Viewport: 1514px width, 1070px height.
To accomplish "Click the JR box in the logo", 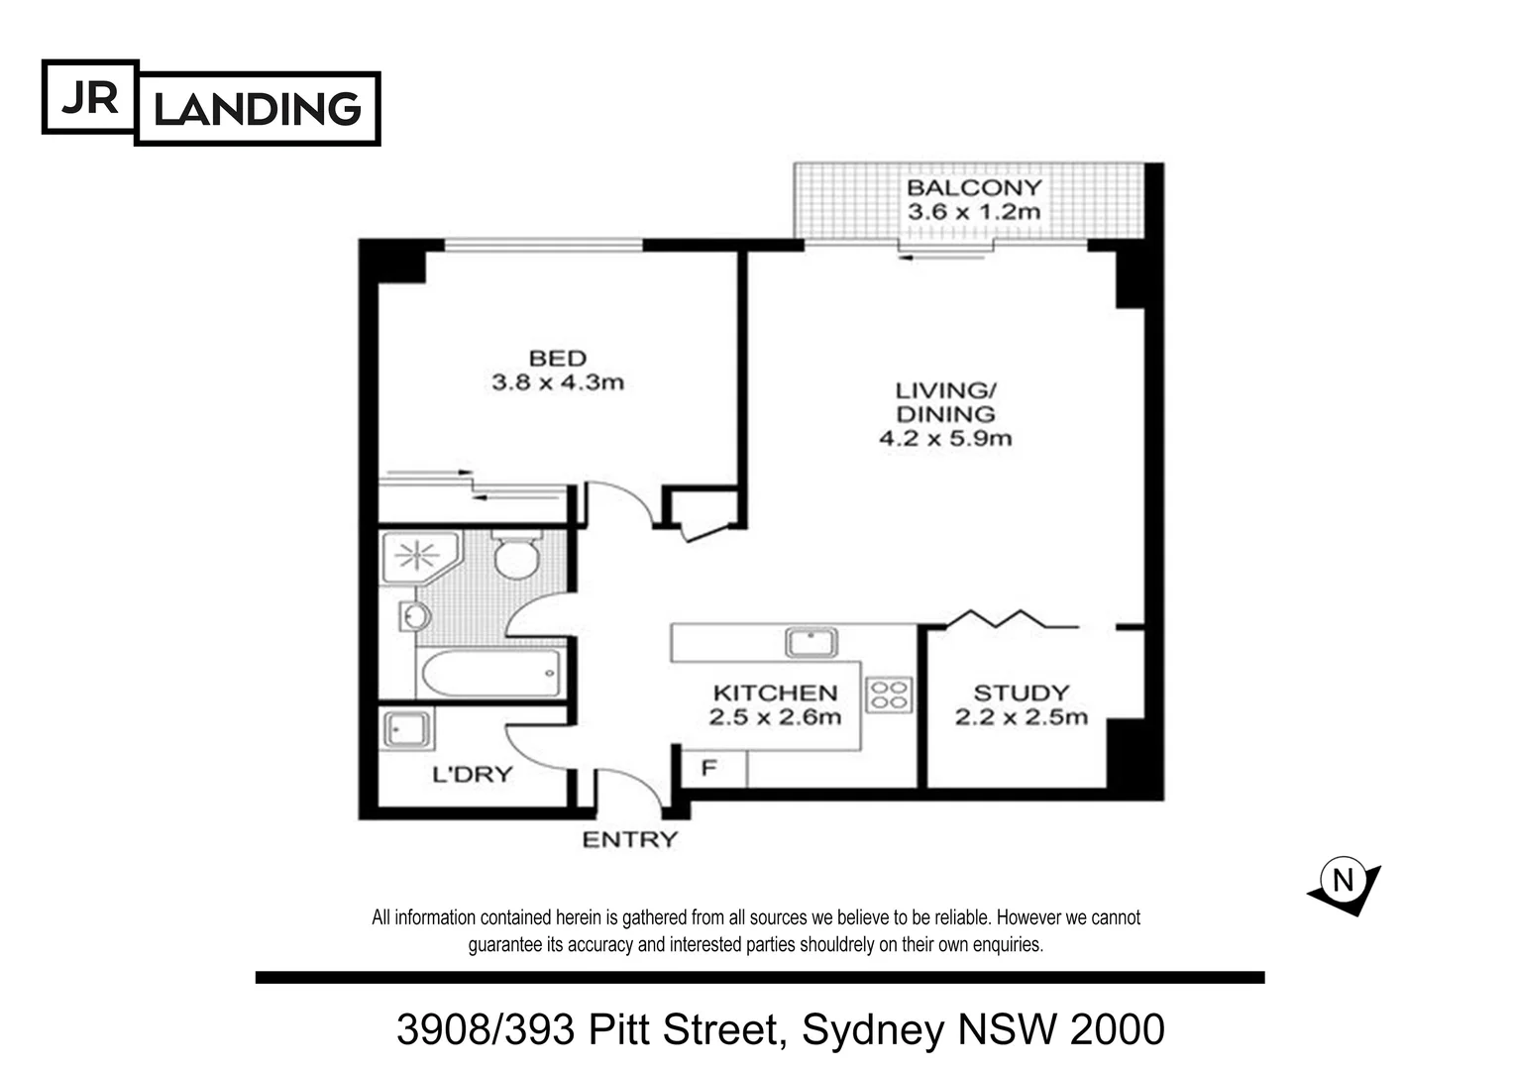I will click(89, 97).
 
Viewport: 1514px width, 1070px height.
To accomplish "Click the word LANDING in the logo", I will click(258, 109).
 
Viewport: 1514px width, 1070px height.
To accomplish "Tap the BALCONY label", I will click(974, 187).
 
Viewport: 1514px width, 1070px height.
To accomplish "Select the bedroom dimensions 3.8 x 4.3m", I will click(558, 382).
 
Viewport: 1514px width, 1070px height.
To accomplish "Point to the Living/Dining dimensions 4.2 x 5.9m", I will click(945, 438).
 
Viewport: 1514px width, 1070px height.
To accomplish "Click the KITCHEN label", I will click(775, 693).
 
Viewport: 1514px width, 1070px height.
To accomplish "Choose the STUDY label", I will click(1021, 693).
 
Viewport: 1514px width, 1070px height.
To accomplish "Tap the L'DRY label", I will click(473, 774).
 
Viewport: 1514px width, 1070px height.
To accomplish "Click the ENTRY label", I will click(629, 840).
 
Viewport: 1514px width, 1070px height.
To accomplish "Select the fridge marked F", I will click(709, 768).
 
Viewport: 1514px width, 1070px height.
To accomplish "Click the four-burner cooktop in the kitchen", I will click(889, 695).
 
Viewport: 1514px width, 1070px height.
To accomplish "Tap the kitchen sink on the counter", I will click(811, 643).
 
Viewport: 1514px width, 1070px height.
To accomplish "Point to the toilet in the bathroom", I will click(516, 557).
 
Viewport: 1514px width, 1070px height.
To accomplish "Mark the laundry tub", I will click(407, 730).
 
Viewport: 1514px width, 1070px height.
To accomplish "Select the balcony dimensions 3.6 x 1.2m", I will click(974, 212).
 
